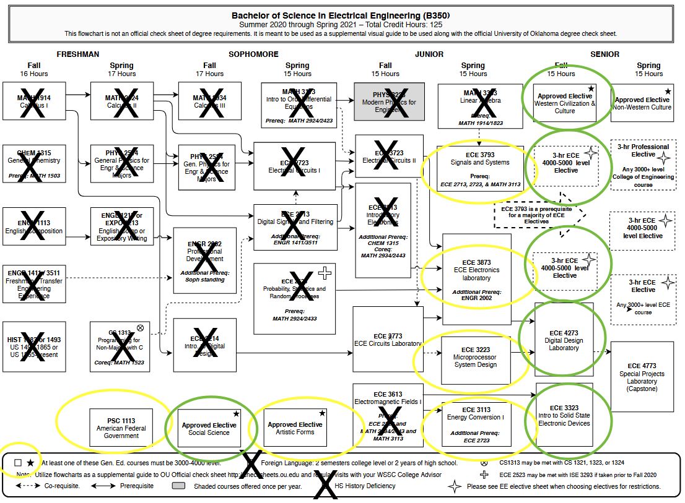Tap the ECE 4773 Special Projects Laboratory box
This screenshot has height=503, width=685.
[x=642, y=377]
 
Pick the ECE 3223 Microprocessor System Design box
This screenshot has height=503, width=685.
[x=474, y=360]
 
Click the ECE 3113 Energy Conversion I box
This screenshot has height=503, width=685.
[x=476, y=424]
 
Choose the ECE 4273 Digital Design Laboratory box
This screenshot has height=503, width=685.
[x=564, y=341]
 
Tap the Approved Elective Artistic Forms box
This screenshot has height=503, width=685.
[x=295, y=428]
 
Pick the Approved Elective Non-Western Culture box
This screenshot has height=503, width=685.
[x=642, y=103]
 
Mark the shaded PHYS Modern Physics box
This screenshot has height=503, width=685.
[x=389, y=101]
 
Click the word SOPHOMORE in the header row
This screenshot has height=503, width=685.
[x=253, y=54]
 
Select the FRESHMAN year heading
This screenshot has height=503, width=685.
[x=78, y=54]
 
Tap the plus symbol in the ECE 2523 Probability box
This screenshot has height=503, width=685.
[x=325, y=272]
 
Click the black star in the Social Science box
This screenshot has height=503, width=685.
[x=235, y=413]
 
